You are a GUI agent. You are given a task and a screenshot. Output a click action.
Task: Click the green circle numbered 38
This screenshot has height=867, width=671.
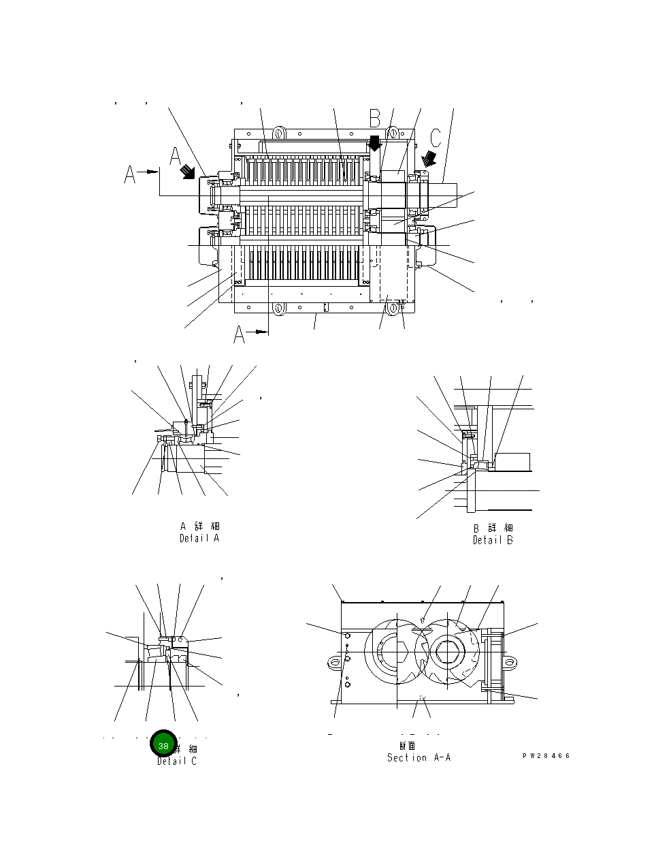tap(163, 745)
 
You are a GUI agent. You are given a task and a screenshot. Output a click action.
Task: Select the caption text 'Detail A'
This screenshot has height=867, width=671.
tap(199, 538)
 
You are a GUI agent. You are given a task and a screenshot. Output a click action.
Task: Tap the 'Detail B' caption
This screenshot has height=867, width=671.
tap(493, 540)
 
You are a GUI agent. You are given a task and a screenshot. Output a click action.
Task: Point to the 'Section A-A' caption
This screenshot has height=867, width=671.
tap(419, 757)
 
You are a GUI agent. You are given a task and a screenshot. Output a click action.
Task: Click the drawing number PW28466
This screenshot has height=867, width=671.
tap(546, 756)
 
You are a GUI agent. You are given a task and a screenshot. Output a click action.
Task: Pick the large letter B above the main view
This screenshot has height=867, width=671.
tap(375, 119)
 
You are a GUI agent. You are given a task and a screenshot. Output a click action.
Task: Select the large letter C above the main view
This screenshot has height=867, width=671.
tap(436, 138)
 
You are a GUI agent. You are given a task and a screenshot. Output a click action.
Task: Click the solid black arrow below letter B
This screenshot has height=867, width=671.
tap(374, 144)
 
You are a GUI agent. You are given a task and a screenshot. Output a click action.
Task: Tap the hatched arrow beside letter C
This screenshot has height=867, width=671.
tap(429, 159)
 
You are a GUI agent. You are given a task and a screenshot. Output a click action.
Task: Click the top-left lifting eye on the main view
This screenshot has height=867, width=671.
tap(278, 131)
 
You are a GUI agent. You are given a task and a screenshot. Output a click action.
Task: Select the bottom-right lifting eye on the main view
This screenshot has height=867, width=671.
tap(393, 309)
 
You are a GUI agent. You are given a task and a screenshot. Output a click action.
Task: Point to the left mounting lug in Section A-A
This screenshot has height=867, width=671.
tap(333, 661)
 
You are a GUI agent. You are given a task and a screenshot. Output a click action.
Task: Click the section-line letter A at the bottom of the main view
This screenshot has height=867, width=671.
tap(240, 334)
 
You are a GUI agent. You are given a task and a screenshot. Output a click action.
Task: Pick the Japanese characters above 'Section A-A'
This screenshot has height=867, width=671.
tap(407, 745)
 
